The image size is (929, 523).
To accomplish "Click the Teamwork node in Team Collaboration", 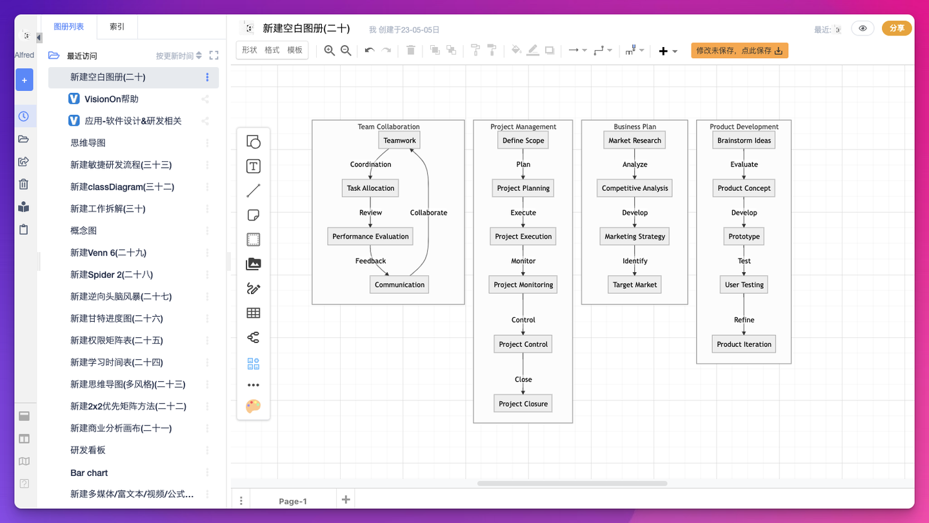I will (399, 141).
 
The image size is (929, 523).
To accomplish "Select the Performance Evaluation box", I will (370, 237).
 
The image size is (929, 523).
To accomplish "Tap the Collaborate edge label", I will (428, 213).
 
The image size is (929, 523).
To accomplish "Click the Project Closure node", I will (523, 404).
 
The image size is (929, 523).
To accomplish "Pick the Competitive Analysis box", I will (635, 188).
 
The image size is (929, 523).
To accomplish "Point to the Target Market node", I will (635, 285).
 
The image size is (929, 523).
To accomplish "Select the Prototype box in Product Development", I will (744, 237).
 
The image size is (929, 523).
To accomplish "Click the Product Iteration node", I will (744, 344).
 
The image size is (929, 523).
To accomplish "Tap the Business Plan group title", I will (635, 127).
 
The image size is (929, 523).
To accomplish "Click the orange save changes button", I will (739, 51).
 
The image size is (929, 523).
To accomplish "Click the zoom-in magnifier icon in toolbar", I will (330, 51).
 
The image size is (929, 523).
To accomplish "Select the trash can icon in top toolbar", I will (411, 51).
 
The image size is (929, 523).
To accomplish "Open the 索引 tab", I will (117, 27).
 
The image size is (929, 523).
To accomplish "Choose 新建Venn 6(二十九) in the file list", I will (108, 253).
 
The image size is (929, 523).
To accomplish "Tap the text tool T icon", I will (254, 167).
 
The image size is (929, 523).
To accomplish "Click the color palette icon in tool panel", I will (254, 406).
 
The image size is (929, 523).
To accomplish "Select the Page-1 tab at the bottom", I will (293, 501).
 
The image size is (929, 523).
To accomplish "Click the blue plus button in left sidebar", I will (25, 81).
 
